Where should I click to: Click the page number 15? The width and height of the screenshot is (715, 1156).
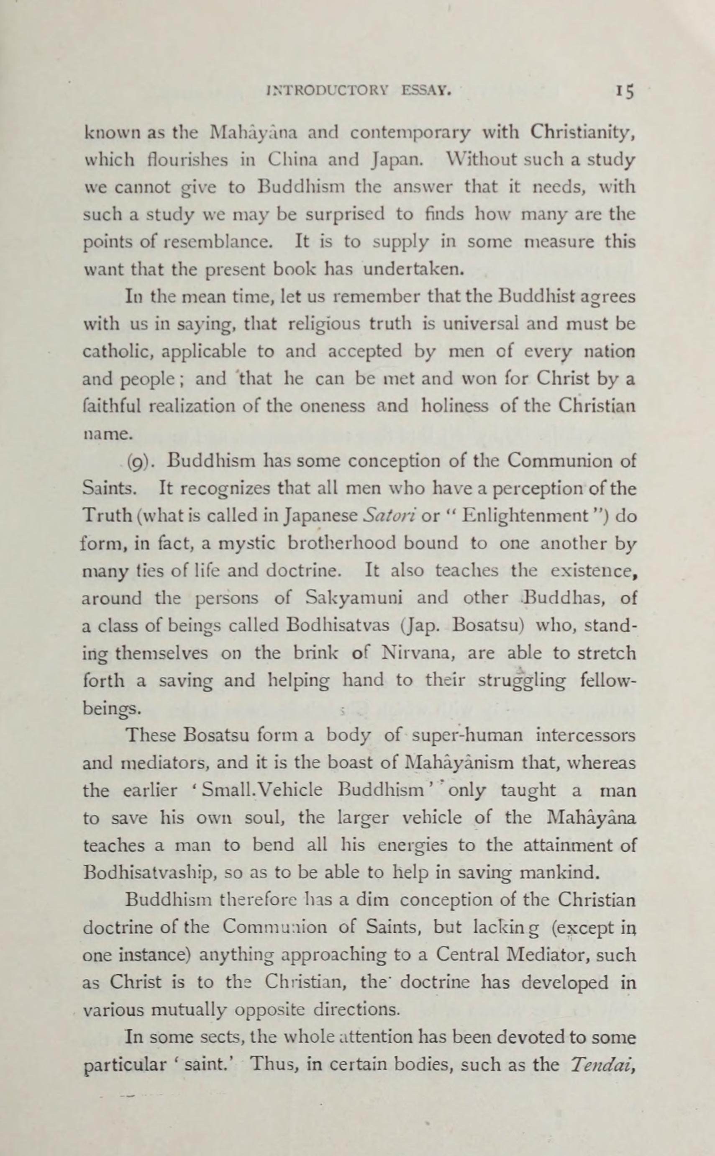coord(624,91)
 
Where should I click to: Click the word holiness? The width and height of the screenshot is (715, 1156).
coord(455,406)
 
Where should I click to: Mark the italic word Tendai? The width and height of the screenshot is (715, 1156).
coord(602,1051)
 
